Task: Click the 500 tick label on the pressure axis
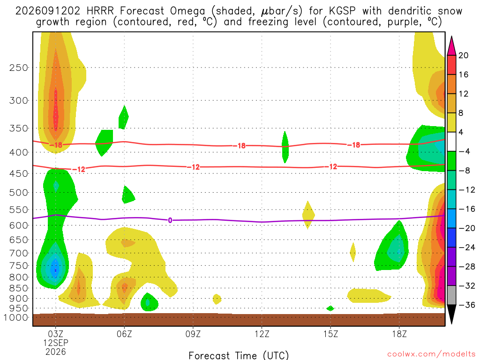point(19,193)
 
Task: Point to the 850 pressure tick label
point(19,288)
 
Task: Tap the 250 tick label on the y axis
point(19,67)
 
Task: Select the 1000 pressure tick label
point(16,317)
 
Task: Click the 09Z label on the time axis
point(193,334)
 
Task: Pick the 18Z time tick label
point(399,334)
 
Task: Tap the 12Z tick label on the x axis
point(262,334)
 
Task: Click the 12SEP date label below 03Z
point(55,343)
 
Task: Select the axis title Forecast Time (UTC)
point(239,355)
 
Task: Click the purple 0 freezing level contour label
point(170,220)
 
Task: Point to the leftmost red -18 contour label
point(56,145)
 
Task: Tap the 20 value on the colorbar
point(464,55)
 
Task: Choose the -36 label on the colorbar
point(466,305)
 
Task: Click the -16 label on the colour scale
point(466,209)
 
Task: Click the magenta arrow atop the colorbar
point(451,46)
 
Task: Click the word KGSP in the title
point(342,11)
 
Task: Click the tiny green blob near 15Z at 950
point(330,308)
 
